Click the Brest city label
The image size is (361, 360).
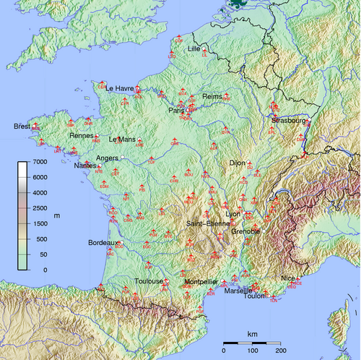tap(22, 127)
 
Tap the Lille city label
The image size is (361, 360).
tap(193, 49)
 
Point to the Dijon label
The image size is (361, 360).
tap(238, 163)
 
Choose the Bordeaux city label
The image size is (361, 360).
tap(103, 242)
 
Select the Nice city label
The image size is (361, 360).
tap(288, 278)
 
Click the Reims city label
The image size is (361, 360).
tap(213, 96)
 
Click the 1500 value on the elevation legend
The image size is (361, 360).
tap(40, 223)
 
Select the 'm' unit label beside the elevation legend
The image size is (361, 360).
tap(56, 215)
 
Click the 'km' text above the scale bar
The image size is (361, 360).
tap(253, 334)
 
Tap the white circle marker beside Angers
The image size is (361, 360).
tap(123, 157)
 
